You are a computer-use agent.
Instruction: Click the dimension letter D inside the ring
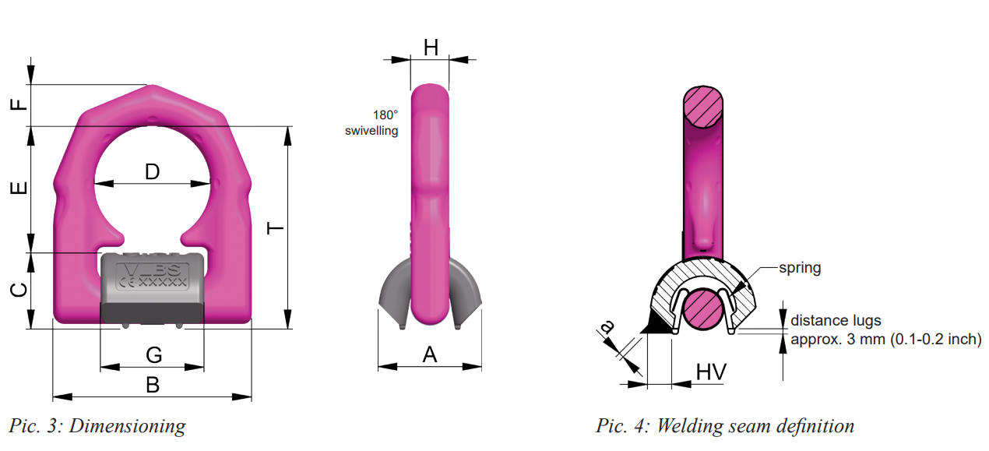tap(153, 171)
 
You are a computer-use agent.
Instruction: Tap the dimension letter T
tap(275, 228)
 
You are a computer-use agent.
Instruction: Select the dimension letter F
tap(19, 104)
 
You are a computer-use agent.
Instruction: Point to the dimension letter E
tap(19, 188)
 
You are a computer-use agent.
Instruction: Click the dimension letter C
tap(19, 291)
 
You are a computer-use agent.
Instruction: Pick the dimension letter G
tap(154, 355)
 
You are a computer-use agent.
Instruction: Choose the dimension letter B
tap(153, 385)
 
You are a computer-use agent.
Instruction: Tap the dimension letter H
tap(431, 48)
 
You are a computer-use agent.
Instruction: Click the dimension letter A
tap(430, 354)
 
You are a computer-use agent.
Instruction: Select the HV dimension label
tap(711, 372)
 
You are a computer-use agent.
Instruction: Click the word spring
tap(800, 268)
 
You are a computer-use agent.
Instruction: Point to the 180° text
tap(385, 115)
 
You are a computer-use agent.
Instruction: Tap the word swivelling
tap(371, 131)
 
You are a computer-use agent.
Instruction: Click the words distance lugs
tap(836, 320)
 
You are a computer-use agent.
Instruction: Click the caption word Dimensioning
tap(128, 426)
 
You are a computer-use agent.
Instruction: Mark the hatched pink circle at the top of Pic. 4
tap(703, 107)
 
